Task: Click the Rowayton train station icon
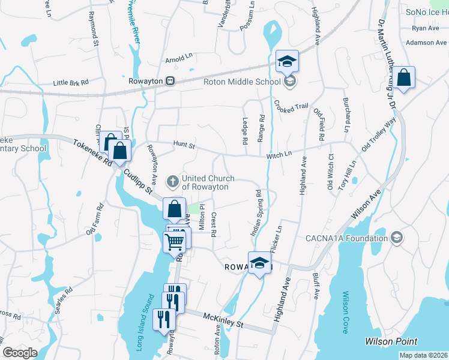pos(171,81)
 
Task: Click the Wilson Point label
pos(391,341)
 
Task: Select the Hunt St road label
pos(184,145)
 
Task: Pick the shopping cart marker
pos(175,241)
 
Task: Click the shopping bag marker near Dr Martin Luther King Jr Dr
pos(404,78)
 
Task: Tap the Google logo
pos(20,353)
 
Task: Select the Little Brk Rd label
pos(70,83)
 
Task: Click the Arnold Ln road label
pos(179,60)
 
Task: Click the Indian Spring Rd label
pos(255,212)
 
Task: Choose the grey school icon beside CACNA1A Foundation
pos(396,238)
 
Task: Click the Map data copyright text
pos(423,355)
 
